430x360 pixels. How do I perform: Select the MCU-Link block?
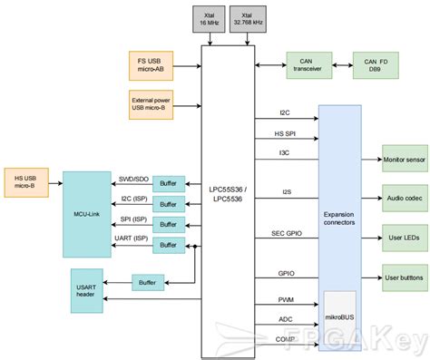click(x=88, y=214)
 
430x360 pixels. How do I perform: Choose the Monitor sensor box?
click(x=405, y=159)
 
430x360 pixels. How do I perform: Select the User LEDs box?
click(x=405, y=238)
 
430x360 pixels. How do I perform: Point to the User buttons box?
click(x=405, y=277)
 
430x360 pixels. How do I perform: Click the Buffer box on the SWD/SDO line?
click(x=169, y=183)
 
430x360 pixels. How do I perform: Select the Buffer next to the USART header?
click(x=148, y=283)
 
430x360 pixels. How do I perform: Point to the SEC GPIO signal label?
click(x=287, y=234)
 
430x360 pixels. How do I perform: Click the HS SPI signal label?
click(x=285, y=134)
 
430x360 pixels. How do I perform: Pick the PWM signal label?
click(x=286, y=299)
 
